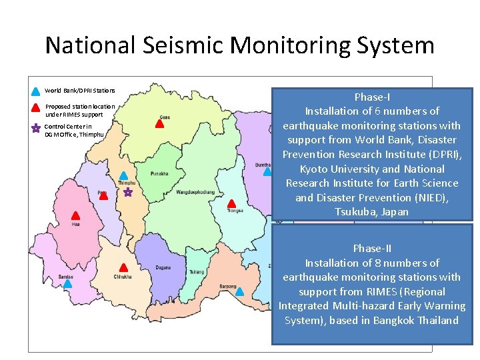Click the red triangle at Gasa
click(x=160, y=123)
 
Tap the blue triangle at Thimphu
click(x=123, y=176)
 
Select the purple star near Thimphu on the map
click(x=128, y=192)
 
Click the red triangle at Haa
click(x=76, y=215)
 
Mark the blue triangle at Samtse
click(x=67, y=283)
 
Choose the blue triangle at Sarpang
click(x=240, y=291)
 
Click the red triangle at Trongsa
click(x=232, y=203)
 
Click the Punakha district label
click(x=160, y=173)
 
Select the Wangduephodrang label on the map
click(x=195, y=192)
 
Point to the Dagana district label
click(x=163, y=268)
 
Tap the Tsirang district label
click(x=197, y=272)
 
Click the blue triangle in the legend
click(x=36, y=91)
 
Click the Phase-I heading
click(x=372, y=97)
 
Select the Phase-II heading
click(x=372, y=249)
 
